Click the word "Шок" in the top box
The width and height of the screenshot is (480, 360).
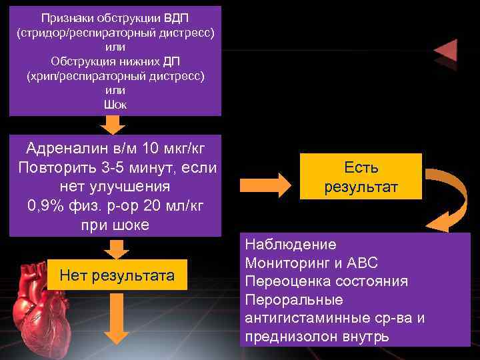115,105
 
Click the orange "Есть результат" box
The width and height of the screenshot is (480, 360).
361,177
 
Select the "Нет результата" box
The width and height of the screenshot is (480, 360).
117,275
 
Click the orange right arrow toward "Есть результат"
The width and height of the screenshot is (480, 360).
263,182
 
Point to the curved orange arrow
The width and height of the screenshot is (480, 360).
447,197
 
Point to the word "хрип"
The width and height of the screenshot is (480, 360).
42,75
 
